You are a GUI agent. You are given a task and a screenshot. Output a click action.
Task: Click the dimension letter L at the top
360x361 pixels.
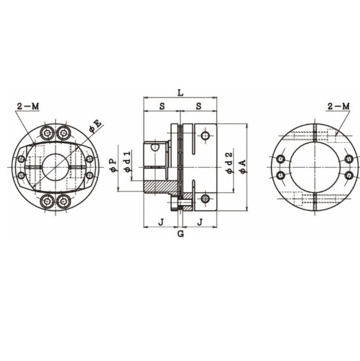(180, 93)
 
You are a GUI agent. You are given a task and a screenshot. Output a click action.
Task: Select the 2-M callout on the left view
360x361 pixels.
(28, 105)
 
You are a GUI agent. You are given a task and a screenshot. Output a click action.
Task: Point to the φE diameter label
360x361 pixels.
(96, 125)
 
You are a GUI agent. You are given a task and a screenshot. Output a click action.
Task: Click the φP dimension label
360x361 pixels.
(114, 167)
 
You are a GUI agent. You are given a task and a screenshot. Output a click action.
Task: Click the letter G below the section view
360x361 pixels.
(180, 234)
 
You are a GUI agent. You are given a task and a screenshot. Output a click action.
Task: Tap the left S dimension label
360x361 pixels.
(160, 105)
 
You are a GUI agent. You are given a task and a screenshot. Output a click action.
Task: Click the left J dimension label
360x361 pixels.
(160, 222)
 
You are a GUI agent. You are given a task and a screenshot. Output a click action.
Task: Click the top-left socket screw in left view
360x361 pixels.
(48, 133)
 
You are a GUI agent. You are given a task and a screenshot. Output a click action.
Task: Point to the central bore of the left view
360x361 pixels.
(56, 168)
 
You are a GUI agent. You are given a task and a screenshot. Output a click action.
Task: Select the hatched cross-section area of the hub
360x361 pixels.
(160, 187)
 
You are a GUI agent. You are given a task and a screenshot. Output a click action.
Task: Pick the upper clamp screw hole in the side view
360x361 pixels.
(206, 137)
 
